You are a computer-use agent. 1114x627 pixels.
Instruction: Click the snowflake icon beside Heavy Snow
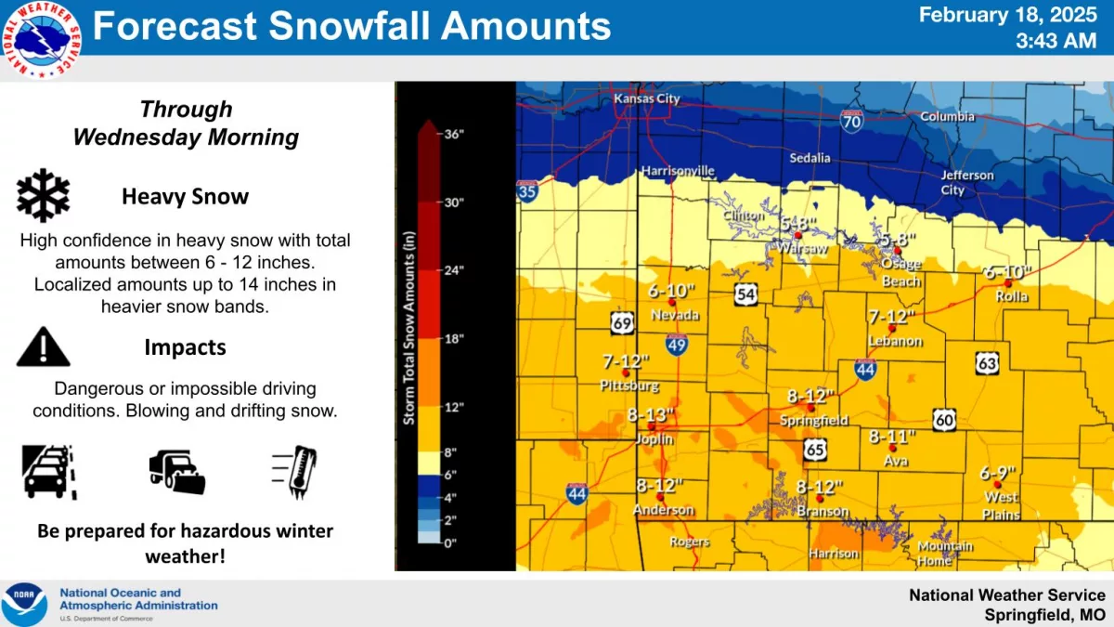tap(44, 196)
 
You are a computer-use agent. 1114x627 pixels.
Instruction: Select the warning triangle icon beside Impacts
tap(43, 346)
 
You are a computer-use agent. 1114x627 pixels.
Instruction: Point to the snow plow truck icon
tap(176, 472)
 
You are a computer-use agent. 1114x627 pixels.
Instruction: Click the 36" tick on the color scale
tap(453, 134)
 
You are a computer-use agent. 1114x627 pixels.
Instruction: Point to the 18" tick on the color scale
tap(453, 339)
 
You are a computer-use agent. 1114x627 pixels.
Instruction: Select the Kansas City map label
tap(646, 98)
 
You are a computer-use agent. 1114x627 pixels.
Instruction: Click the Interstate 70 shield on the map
tap(851, 120)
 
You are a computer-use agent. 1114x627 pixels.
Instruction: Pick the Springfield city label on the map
tap(813, 420)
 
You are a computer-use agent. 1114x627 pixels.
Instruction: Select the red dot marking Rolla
tap(1007, 282)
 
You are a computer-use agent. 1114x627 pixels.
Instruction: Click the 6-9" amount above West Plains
tap(999, 472)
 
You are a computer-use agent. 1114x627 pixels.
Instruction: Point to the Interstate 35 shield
tap(526, 191)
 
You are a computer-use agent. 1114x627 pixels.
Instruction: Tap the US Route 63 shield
tap(987, 362)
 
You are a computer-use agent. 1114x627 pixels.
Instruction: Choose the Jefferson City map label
tap(966, 182)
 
